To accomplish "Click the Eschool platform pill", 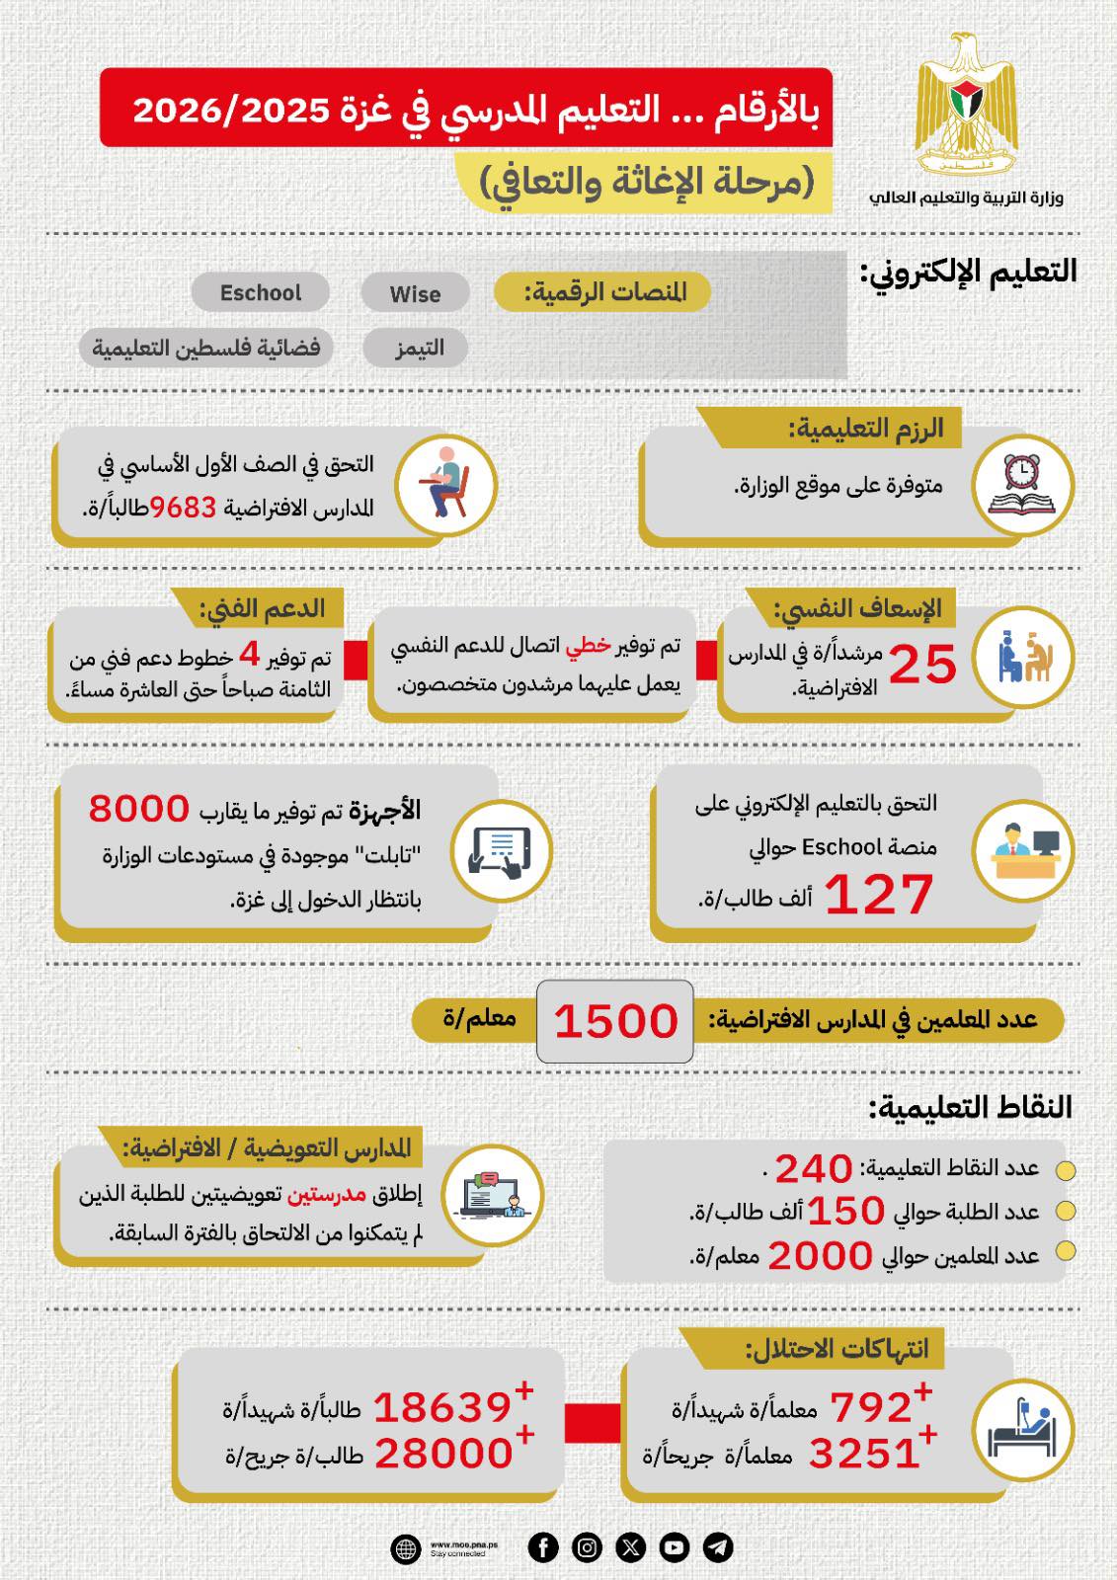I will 261,292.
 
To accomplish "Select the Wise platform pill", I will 415,293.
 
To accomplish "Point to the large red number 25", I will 922,664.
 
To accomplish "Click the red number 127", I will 878,895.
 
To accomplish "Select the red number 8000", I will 138,808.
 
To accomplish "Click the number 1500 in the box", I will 615,1021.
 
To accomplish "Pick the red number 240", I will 813,1169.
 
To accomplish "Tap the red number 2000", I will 820,1256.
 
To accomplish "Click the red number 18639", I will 442,1407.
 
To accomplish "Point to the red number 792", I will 870,1407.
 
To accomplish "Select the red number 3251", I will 864,1453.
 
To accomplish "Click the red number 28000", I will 442,1453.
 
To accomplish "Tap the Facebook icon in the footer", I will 543,1547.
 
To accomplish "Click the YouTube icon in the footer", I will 675,1547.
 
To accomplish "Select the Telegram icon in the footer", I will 718,1547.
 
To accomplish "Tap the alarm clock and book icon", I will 1023,486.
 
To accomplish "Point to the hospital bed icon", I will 1023,1429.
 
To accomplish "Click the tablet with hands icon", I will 501,850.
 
